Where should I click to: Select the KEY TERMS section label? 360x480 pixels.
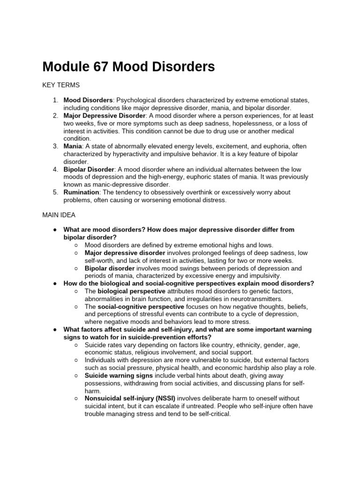pyautogui.click(x=61, y=85)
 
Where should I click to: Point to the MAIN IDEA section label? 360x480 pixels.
pyautogui.click(x=59, y=215)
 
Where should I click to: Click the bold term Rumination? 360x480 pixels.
pyautogui.click(x=80, y=192)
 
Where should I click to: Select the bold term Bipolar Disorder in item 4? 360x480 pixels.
pyautogui.click(x=89, y=169)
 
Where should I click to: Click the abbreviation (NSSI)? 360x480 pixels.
pyautogui.click(x=165, y=398)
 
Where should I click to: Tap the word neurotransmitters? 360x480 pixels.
pyautogui.click(x=255, y=299)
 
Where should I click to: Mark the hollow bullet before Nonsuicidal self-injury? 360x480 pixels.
pyautogui.click(x=76, y=398)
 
